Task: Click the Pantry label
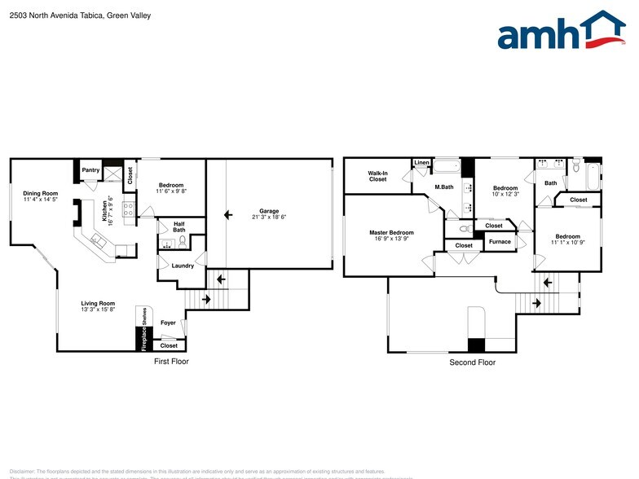click(91, 170)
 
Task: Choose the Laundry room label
click(183, 265)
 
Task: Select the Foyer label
click(168, 323)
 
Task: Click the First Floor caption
click(171, 361)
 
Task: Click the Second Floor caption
click(472, 363)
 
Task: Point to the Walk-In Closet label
click(377, 175)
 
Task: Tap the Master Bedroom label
click(391, 232)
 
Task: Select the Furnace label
click(499, 241)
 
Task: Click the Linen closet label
click(421, 163)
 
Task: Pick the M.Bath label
click(443, 187)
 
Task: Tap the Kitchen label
click(105, 212)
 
